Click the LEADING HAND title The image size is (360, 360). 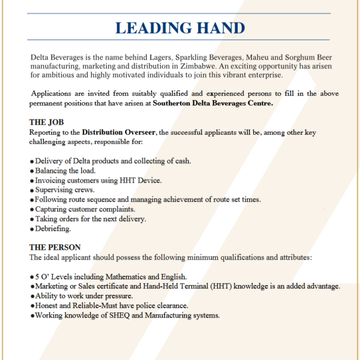(180, 27)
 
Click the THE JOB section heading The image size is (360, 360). (46, 122)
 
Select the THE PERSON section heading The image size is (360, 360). (55, 247)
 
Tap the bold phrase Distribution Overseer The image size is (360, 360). (118, 132)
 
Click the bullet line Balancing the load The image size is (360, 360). (65, 170)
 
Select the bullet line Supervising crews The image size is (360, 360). (65, 190)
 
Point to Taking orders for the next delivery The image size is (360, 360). (90, 219)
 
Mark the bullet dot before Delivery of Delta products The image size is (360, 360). (31, 161)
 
